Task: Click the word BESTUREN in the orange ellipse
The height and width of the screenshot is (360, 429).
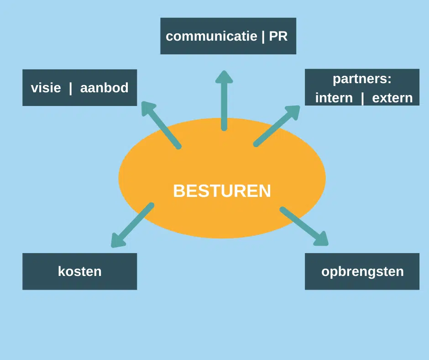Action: tap(222, 191)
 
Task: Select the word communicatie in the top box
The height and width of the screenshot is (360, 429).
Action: tap(211, 37)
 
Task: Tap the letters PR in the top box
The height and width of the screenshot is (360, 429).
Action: tap(278, 37)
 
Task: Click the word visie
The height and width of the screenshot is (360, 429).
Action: tap(46, 88)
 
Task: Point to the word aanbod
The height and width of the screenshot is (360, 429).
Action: tap(104, 88)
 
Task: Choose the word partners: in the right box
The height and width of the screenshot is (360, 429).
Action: tap(362, 79)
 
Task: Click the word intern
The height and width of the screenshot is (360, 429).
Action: tap(334, 98)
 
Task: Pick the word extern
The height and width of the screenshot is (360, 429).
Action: tap(392, 98)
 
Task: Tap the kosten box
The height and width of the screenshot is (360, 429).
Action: tap(79, 271)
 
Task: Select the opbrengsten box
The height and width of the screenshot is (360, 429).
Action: tap(362, 271)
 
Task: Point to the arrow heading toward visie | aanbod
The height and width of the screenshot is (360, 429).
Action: tap(162, 126)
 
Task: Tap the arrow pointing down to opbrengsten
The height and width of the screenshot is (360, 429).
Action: tap(303, 226)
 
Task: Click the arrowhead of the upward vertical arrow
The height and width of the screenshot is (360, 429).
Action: tap(224, 77)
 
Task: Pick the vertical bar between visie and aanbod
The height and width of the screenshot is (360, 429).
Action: tap(70, 88)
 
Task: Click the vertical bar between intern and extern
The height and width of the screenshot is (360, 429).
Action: tap(362, 98)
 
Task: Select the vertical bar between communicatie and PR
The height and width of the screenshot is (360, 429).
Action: tap(263, 37)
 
